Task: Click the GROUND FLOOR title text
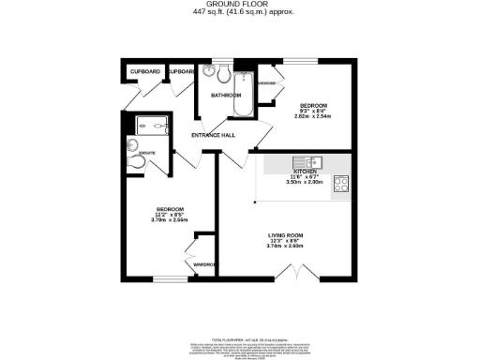tap(239, 5)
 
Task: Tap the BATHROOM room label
tap(225, 95)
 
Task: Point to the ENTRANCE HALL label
tap(213, 137)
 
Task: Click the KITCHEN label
tap(305, 172)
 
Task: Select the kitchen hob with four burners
tap(340, 183)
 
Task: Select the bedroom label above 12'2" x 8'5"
tap(170, 208)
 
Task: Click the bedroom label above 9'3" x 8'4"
tap(313, 104)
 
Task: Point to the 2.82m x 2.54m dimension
tap(313, 115)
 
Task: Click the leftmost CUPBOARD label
tap(145, 71)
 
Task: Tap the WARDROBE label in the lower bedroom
tap(205, 264)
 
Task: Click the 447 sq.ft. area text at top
tap(239, 12)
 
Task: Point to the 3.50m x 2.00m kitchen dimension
tap(305, 184)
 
